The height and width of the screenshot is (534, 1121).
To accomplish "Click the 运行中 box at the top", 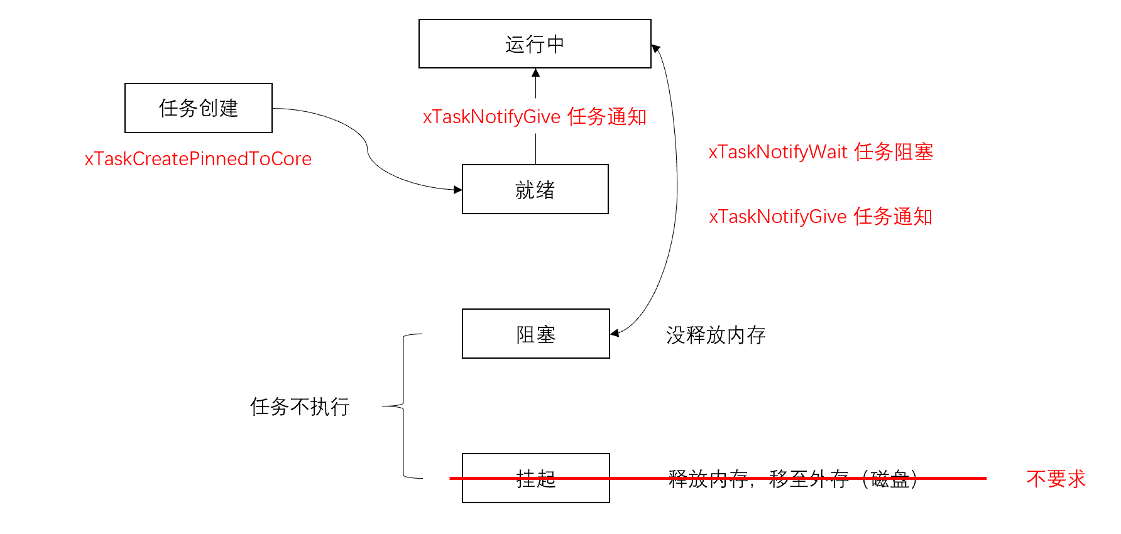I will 535,44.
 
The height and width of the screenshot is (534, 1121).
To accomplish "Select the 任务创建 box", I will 199,108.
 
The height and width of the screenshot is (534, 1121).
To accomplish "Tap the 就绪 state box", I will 535,190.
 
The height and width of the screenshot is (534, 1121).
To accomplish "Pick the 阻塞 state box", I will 535,334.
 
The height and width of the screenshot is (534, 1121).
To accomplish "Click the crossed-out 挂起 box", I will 535,479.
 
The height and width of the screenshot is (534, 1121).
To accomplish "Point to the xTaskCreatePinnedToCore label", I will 198,159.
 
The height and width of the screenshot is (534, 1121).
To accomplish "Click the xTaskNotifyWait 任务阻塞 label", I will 820,152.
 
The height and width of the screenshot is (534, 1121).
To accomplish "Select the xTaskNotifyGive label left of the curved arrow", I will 820,217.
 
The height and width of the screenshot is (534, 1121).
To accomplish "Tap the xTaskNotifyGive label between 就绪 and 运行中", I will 534,117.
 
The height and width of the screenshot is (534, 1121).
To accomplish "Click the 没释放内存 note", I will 716,335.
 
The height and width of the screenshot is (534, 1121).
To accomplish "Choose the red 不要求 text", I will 1056,479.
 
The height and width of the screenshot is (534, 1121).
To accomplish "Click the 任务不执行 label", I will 300,406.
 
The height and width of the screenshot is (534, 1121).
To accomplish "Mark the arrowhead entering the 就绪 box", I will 458,189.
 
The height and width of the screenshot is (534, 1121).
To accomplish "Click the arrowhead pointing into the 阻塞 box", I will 615,333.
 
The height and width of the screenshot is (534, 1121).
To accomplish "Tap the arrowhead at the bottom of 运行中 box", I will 535,73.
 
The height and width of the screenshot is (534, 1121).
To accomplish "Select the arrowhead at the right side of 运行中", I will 655,48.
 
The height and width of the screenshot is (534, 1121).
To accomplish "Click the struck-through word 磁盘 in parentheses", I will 890,479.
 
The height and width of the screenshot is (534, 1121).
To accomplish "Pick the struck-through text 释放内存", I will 708,479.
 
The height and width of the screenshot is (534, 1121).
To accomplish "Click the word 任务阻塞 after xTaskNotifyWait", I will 894,152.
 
